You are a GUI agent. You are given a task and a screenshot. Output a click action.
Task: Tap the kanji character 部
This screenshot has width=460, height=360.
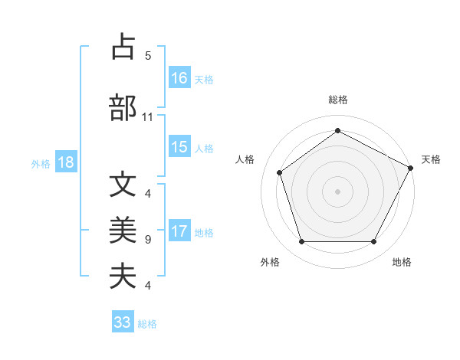click(x=123, y=108)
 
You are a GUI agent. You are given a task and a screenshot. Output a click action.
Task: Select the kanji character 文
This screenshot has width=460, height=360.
click(x=123, y=185)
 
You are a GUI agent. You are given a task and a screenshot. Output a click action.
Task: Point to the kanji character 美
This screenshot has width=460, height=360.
click(x=123, y=229)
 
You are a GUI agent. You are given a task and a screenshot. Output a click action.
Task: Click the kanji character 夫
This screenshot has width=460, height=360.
click(x=123, y=275)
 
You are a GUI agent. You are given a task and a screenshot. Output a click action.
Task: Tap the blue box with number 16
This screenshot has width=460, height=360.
click(x=179, y=77)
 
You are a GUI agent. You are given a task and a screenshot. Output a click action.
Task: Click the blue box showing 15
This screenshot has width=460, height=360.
click(x=179, y=147)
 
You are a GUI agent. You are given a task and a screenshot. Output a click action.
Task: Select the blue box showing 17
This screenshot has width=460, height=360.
click(x=179, y=231)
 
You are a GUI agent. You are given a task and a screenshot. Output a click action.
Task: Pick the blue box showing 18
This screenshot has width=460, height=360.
click(x=66, y=162)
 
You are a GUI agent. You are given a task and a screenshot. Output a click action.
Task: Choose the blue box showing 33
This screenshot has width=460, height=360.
click(x=123, y=322)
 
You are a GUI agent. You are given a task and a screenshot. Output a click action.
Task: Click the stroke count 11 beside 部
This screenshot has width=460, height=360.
click(x=148, y=117)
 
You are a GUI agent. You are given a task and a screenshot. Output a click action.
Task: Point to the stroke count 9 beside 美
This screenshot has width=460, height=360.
click(x=148, y=240)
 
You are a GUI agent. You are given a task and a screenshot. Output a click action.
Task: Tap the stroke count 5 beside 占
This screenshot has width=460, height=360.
click(x=148, y=55)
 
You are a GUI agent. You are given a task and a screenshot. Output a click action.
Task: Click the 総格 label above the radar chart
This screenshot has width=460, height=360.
click(x=337, y=100)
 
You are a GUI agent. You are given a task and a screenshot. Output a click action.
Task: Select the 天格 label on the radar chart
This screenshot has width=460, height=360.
click(x=431, y=159)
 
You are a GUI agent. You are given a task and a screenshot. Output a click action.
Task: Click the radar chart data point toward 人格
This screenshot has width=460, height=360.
click(x=280, y=172)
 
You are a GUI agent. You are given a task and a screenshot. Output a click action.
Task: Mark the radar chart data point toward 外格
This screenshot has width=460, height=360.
click(x=301, y=242)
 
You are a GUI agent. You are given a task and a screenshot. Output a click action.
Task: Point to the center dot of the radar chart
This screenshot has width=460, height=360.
click(x=337, y=191)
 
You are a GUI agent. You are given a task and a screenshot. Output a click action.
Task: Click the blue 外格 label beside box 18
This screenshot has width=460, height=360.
click(x=41, y=163)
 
